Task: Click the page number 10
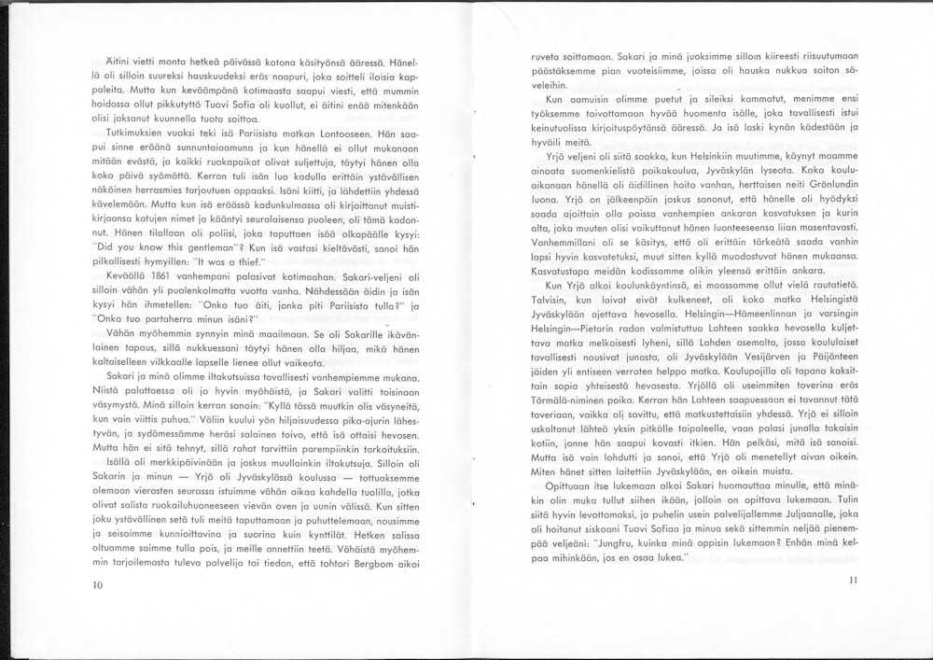[x=98, y=585]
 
